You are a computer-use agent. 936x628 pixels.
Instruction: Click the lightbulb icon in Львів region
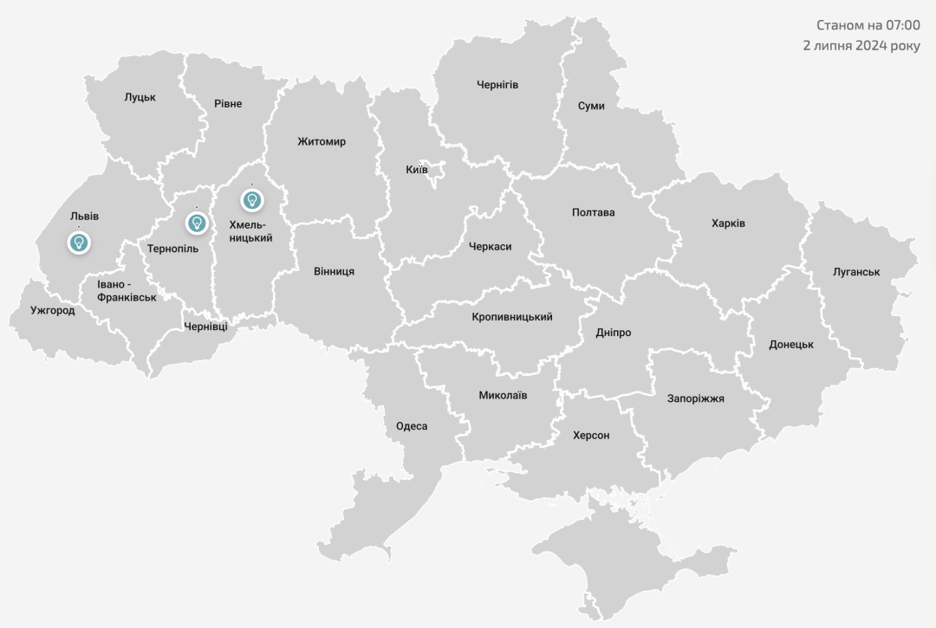point(79,242)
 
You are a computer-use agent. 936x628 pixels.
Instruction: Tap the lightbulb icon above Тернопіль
point(198,223)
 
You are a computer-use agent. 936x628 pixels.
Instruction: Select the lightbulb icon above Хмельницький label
point(252,200)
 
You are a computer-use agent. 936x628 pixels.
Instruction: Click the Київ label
point(417,169)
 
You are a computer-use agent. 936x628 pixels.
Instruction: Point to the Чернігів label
point(497,85)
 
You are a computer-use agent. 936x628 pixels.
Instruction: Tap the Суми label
point(591,106)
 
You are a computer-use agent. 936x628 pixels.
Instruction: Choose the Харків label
point(728,223)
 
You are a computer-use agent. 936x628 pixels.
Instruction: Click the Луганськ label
point(856,272)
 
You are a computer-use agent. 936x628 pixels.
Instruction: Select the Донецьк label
point(791,344)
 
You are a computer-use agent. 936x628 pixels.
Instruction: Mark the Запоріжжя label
point(695,398)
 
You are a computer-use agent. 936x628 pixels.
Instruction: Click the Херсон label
point(591,435)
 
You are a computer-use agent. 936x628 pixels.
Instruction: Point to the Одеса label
point(412,425)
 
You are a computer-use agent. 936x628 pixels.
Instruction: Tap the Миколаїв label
point(503,395)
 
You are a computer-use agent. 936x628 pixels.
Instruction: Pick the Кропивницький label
point(512,317)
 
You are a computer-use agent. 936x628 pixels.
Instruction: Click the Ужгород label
point(52,310)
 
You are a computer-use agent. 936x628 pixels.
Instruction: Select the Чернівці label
point(206,327)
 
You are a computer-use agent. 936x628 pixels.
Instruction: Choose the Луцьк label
point(140,97)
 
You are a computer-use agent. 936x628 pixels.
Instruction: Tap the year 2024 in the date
point(872,45)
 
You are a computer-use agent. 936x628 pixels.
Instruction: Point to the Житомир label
point(322,141)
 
